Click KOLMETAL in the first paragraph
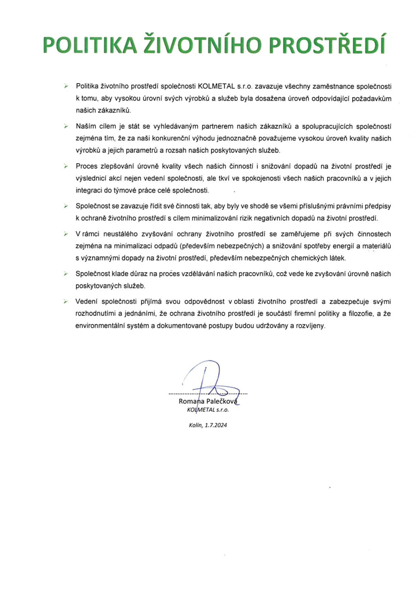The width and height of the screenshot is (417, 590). click(216, 87)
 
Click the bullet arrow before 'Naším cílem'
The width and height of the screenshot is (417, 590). click(66, 127)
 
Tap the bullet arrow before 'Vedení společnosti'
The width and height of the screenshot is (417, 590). click(66, 302)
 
